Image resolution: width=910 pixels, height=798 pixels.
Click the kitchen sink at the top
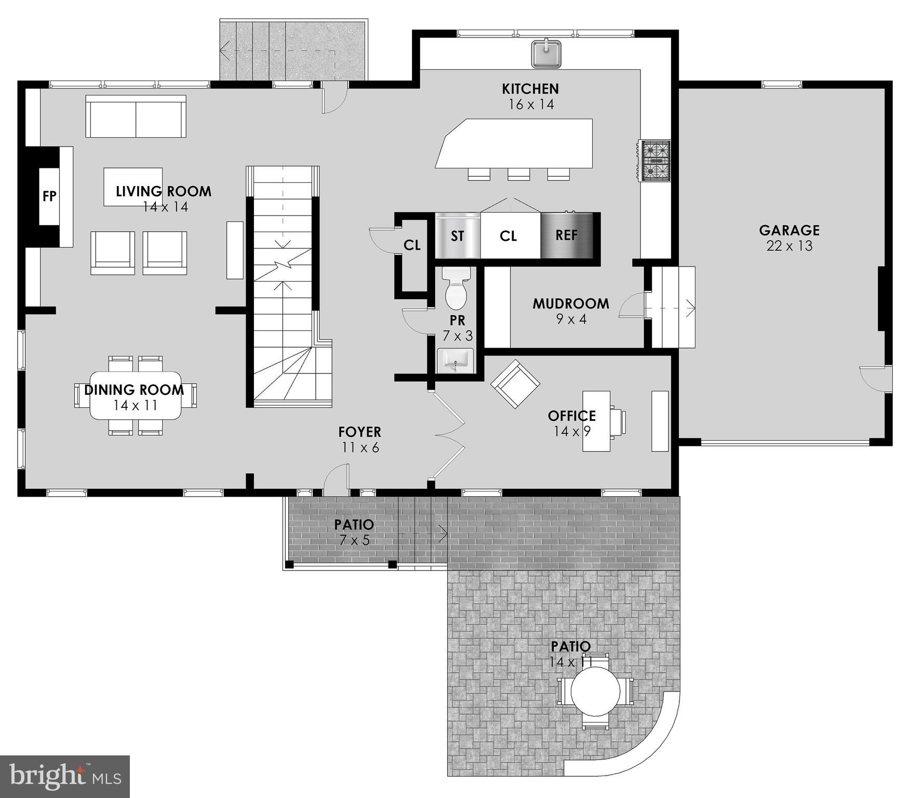pyautogui.click(x=546, y=53)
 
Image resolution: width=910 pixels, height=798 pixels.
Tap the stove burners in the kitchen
pyautogui.click(x=655, y=161)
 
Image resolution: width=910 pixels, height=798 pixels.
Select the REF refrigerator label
pyautogui.click(x=566, y=235)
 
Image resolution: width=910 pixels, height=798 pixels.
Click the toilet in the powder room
pyautogui.click(x=457, y=290)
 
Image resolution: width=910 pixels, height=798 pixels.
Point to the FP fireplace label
pyautogui.click(x=49, y=196)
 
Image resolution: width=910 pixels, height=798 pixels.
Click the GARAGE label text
pyautogui.click(x=789, y=230)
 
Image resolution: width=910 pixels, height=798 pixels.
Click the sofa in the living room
pyautogui.click(x=136, y=116)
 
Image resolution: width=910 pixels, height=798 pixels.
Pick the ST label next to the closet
pyautogui.click(x=457, y=236)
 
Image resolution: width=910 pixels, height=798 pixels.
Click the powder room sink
pyautogui.click(x=456, y=361)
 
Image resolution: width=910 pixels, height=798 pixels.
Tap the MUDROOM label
pyautogui.click(x=570, y=304)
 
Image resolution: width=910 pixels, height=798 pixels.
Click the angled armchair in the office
pyautogui.click(x=515, y=384)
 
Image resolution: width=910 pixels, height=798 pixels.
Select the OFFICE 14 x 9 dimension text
pyautogui.click(x=572, y=431)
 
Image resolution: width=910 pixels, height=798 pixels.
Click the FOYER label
pyautogui.click(x=359, y=432)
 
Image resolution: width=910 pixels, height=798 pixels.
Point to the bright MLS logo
pyautogui.click(x=64, y=777)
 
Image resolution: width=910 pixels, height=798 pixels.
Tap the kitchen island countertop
pyautogui.click(x=514, y=143)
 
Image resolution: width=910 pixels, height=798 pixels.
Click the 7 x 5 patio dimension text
pyautogui.click(x=354, y=540)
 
